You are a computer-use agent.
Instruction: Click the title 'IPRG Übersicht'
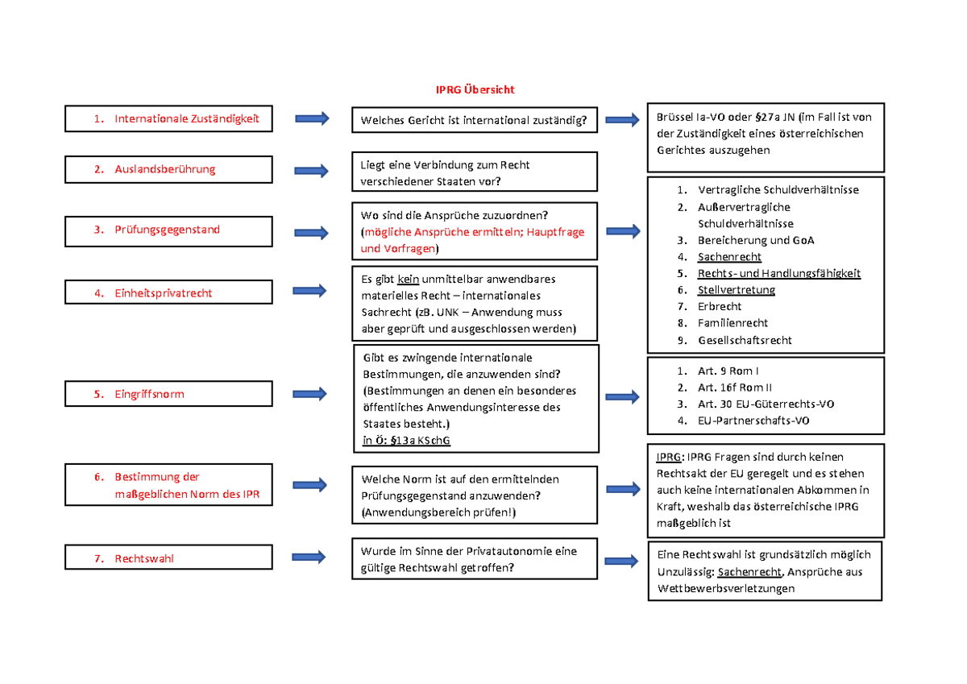[475, 89]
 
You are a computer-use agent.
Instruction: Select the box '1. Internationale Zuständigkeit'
[168, 119]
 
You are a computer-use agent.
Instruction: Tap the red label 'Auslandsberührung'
[164, 169]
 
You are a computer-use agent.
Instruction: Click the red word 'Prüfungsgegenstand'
[167, 230]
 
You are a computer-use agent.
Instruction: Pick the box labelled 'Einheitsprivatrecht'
[168, 293]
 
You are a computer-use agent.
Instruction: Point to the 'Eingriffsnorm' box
[168, 394]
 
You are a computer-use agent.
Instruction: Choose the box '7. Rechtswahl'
[168, 558]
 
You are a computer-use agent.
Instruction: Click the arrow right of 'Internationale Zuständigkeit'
[312, 119]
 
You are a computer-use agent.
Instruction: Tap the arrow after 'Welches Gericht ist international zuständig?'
[622, 121]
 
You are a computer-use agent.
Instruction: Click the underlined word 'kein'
[409, 280]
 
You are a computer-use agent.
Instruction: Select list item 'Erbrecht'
[720, 306]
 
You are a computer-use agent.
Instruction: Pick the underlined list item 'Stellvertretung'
[737, 290]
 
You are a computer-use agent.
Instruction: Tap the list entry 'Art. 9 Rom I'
[729, 371]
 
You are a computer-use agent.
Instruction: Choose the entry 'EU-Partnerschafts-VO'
[753, 421]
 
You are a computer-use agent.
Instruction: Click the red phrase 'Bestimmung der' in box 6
[156, 477]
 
